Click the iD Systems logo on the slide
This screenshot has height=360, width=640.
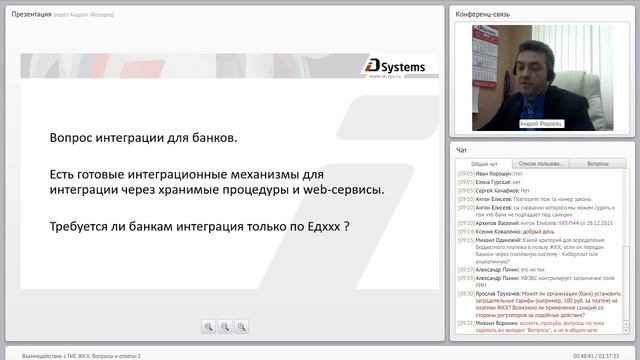point(395,68)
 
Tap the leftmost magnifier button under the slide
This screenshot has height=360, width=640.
point(208,326)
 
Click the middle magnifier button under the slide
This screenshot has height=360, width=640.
point(225,326)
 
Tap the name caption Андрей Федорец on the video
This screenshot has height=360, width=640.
point(542,123)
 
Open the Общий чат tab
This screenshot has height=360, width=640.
point(484,163)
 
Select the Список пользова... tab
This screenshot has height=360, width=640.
point(541,163)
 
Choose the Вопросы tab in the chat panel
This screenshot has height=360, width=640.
point(598,163)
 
